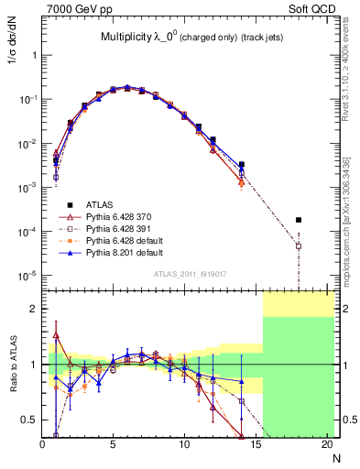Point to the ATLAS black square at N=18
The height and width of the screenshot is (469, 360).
(299, 220)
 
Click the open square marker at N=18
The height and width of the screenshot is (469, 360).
(299, 245)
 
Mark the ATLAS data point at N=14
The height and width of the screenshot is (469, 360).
(242, 165)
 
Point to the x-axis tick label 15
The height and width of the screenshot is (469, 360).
(256, 444)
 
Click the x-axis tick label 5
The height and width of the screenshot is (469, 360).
(114, 444)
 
